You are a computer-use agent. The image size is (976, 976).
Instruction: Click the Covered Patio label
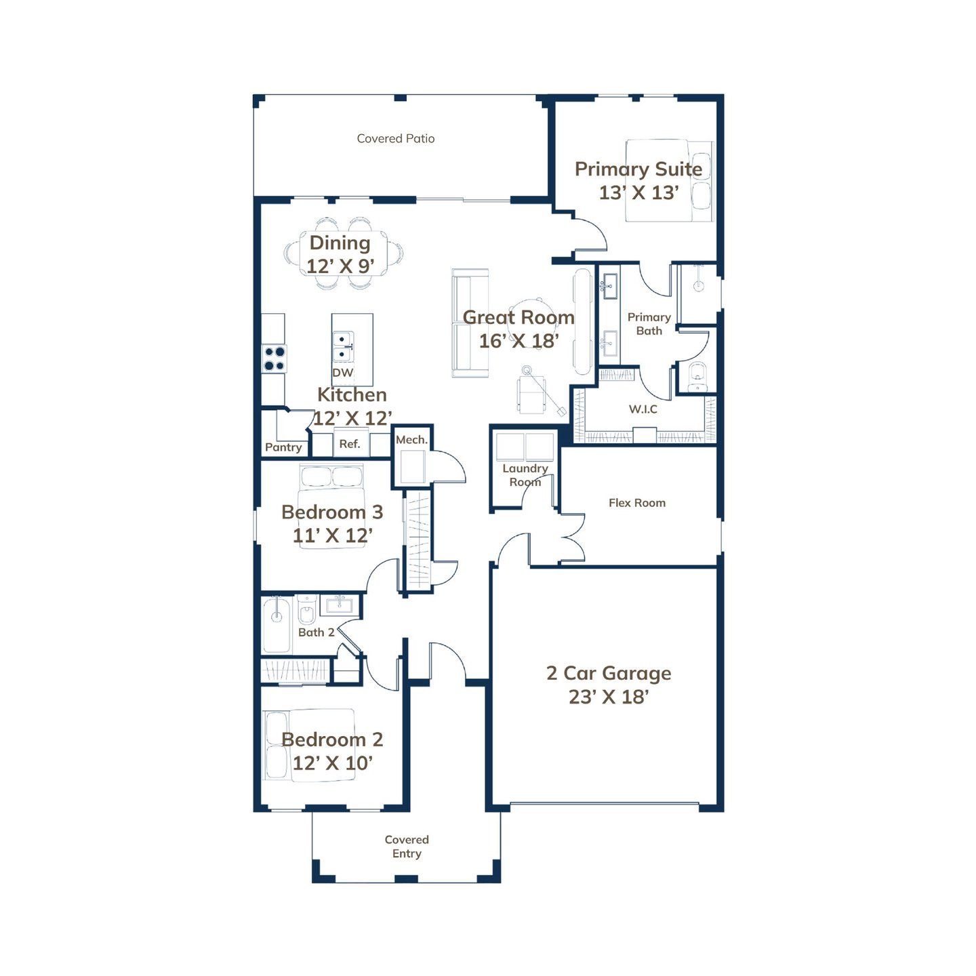pos(396,138)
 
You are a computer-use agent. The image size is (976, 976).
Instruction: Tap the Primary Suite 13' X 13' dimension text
pos(638,193)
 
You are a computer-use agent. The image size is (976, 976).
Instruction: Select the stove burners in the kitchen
pos(274,359)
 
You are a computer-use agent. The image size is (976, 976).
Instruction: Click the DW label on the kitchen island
pos(343,372)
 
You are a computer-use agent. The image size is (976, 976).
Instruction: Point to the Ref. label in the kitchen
pos(350,444)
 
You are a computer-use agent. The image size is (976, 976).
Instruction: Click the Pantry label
pos(283,447)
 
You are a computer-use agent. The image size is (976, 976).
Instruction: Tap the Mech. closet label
pos(412,440)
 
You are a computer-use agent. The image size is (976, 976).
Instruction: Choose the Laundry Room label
pos(525,475)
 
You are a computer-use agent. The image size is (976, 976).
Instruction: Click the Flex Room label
pos(637,503)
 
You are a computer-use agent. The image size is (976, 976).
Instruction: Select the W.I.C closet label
pos(643,409)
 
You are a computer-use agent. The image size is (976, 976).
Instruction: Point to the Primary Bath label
pos(649,324)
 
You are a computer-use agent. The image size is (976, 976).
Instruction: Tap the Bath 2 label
pos(316,632)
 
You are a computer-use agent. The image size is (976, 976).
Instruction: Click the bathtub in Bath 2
pos(277,624)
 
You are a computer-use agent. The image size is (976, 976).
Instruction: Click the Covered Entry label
pos(407,847)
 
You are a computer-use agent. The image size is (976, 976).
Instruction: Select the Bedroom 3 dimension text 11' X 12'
pos(333,535)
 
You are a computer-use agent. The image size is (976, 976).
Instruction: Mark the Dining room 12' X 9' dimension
pos(340,266)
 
